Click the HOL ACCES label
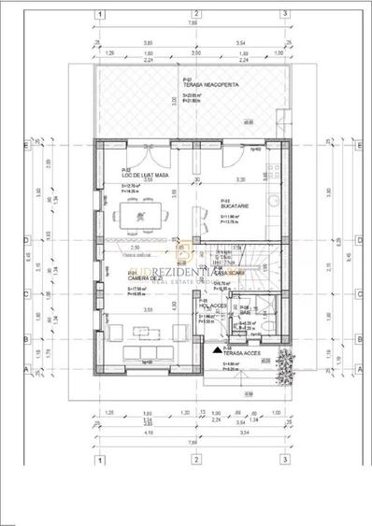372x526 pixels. pyautogui.click(x=214, y=305)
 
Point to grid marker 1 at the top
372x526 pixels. pyautogui.click(x=97, y=15)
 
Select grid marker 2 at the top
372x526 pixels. pyautogui.click(x=196, y=15)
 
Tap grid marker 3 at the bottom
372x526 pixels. pyautogui.click(x=284, y=459)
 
